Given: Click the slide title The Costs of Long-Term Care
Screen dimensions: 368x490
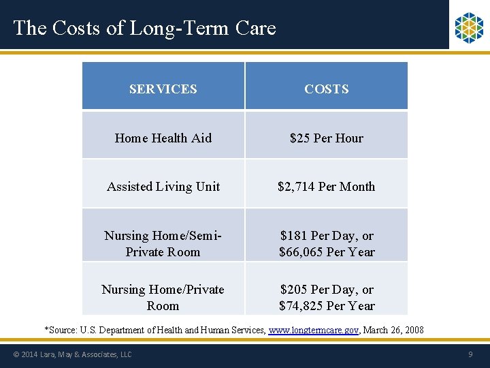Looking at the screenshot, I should [x=144, y=28].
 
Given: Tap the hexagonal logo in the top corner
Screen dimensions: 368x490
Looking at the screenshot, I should [x=468, y=27].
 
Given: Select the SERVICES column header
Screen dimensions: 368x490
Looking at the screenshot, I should [x=163, y=89].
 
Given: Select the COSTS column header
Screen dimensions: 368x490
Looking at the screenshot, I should [x=327, y=89].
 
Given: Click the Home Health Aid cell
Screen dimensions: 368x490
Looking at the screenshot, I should [x=163, y=138].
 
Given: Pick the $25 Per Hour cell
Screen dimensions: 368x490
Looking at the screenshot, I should [x=327, y=138].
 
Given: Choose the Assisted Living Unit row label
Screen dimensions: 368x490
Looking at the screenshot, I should [x=163, y=187].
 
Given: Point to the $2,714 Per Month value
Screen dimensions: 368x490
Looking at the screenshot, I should [x=327, y=187].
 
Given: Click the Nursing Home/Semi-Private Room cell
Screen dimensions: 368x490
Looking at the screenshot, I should [x=163, y=244].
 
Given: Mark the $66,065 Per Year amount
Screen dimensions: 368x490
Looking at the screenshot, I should [x=327, y=252].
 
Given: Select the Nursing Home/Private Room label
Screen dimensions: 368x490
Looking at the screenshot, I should [x=163, y=298].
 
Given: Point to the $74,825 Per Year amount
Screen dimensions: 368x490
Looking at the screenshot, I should [x=327, y=306].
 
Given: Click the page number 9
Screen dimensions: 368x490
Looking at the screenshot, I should [x=470, y=354].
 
